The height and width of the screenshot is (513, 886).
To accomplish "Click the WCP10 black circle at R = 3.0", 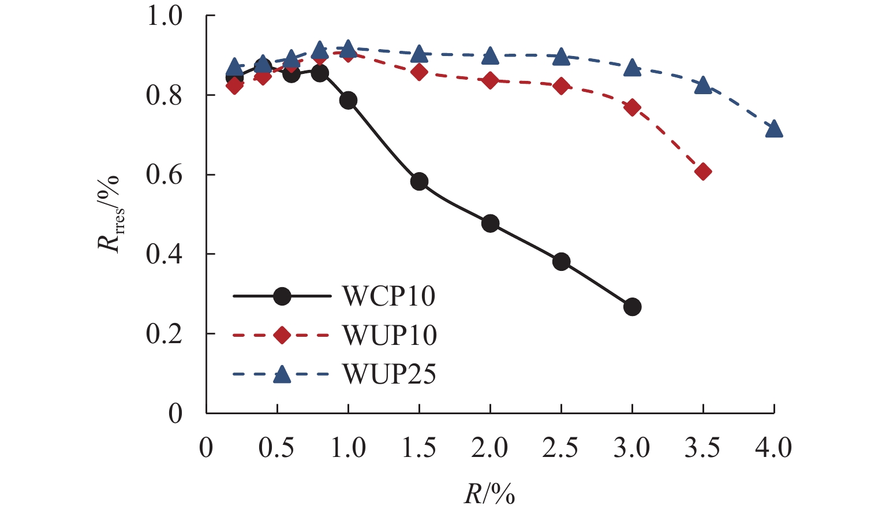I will pyautogui.click(x=632, y=307).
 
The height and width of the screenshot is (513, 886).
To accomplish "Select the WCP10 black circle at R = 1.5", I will pyautogui.click(x=420, y=181).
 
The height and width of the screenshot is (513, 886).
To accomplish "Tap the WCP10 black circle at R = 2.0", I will pyautogui.click(x=490, y=224).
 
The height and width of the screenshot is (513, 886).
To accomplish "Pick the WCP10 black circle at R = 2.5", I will pyautogui.click(x=561, y=262).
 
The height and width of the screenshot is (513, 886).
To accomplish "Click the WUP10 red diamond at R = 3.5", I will pyautogui.click(x=703, y=172).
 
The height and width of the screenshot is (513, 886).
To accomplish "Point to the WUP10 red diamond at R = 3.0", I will pyautogui.click(x=632, y=107).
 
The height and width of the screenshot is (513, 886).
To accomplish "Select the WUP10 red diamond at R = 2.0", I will pyautogui.click(x=490, y=80).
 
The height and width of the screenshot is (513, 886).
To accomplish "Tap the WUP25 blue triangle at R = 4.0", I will pyautogui.click(x=774, y=129).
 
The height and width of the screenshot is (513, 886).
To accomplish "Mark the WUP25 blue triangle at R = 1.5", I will pyautogui.click(x=420, y=54).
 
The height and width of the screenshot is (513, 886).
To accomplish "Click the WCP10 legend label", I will pyautogui.click(x=389, y=296).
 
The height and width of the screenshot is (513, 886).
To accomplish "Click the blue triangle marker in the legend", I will pyautogui.click(x=282, y=374).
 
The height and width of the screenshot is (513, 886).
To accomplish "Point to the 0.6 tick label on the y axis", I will pyautogui.click(x=164, y=175).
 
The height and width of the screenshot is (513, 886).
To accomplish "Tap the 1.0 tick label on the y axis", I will pyautogui.click(x=164, y=16).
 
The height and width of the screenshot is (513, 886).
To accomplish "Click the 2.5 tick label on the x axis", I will pyautogui.click(x=560, y=448).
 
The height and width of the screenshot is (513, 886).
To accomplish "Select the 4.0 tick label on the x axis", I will pyautogui.click(x=773, y=448).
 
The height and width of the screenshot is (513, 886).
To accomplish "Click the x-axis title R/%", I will pyautogui.click(x=489, y=495).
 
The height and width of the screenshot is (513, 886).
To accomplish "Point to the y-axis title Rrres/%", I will pyautogui.click(x=110, y=213).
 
